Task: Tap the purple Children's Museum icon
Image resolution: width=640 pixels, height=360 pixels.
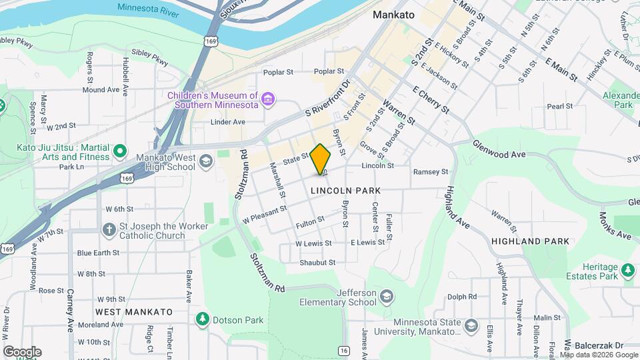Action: pyautogui.click(x=268, y=100)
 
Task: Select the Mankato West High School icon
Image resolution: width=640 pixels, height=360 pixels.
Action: pyautogui.click(x=207, y=161)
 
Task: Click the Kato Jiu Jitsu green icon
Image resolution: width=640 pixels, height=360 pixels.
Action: pyautogui.click(x=120, y=151)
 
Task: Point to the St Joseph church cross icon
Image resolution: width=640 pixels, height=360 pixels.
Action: pyautogui.click(x=109, y=230)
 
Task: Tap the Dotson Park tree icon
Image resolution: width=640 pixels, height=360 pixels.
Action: pyautogui.click(x=203, y=320)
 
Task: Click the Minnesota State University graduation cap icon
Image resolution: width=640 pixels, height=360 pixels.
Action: pyautogui.click(x=471, y=326)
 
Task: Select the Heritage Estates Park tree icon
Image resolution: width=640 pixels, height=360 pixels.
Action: pyautogui.click(x=627, y=270)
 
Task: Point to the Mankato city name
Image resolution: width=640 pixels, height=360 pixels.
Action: pyautogui.click(x=393, y=14)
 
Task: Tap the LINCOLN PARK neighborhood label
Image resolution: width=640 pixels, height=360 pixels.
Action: pyautogui.click(x=345, y=191)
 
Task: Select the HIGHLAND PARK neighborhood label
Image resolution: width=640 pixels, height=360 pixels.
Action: pyautogui.click(x=530, y=241)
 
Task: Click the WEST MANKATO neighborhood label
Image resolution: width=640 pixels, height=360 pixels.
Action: pyautogui.click(x=133, y=311)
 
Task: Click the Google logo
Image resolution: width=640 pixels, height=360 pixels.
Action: pyautogui.click(x=22, y=351)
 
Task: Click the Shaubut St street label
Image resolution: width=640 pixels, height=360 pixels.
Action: pyautogui.click(x=317, y=263)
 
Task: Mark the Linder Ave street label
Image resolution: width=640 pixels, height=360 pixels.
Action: pyautogui.click(x=228, y=122)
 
